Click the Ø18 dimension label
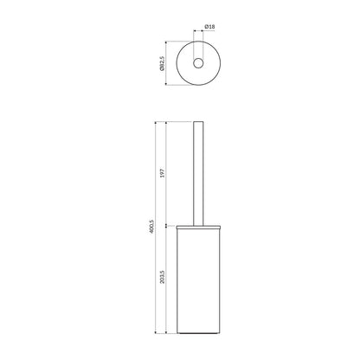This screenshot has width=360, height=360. pyautogui.click(x=209, y=27)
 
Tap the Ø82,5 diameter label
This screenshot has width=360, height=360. pyautogui.click(x=162, y=63)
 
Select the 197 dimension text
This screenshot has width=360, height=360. pyautogui.click(x=162, y=173)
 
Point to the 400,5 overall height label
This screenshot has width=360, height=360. pyautogui.click(x=152, y=227)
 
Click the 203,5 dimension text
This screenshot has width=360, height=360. pyautogui.click(x=162, y=277)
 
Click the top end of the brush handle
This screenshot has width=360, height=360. pyautogui.click(x=198, y=122)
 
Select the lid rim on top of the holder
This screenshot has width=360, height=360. pyautogui.click(x=198, y=227)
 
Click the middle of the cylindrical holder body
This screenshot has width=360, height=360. pyautogui.click(x=198, y=280)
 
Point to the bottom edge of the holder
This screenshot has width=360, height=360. pyautogui.click(x=198, y=333)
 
